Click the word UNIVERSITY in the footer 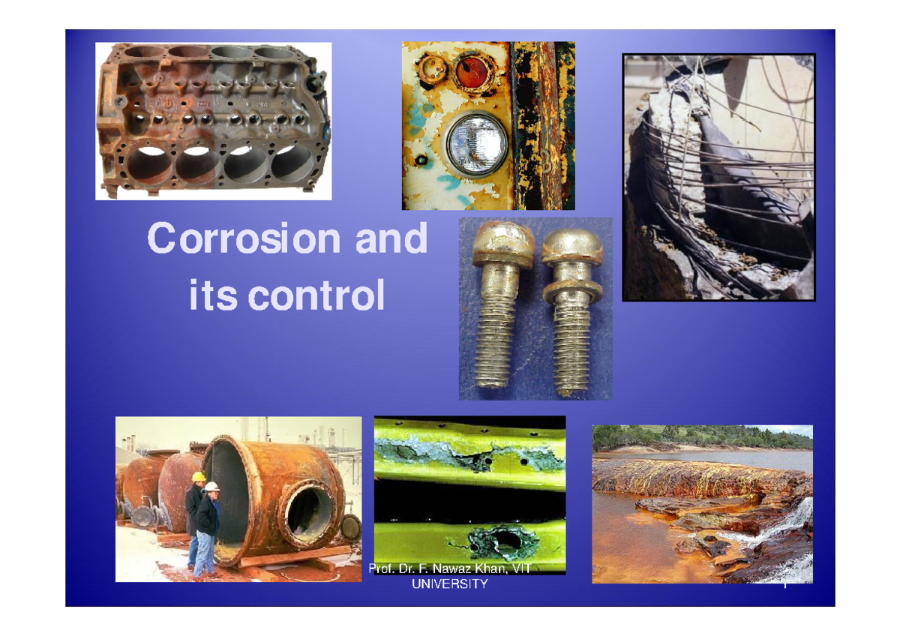[x=450, y=584]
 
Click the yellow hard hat [x=198, y=476]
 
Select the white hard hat [x=213, y=487]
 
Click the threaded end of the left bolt [x=495, y=352]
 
